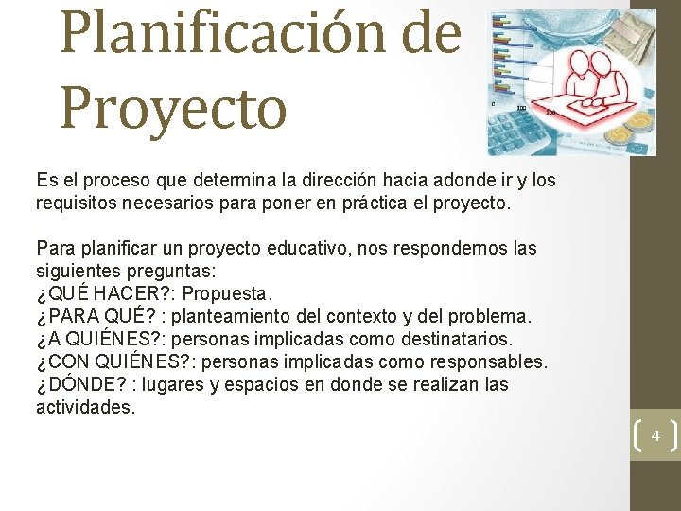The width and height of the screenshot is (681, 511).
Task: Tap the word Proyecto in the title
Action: click(x=173, y=109)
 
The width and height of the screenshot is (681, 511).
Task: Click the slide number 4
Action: click(x=655, y=436)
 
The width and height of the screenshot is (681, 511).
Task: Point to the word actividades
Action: click(x=85, y=407)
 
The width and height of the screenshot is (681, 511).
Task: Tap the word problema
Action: click(x=498, y=316)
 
